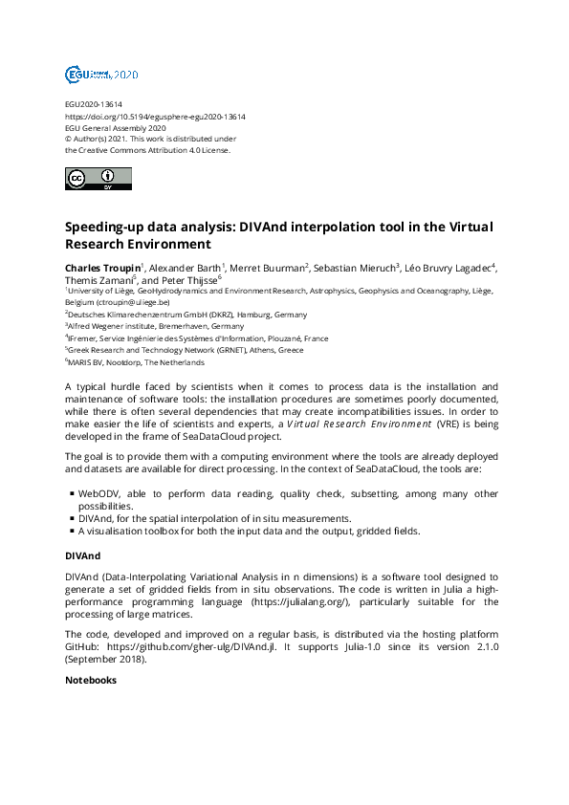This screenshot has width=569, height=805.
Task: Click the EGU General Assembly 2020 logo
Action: coord(101,74)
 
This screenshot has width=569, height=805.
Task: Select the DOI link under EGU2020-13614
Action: coord(155,116)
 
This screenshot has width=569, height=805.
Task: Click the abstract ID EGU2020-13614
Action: coord(93,104)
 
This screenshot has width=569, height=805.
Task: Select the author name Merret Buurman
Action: coord(268,267)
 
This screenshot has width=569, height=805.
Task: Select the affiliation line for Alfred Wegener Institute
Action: coord(156,326)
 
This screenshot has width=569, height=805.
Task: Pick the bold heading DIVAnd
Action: coord(82,555)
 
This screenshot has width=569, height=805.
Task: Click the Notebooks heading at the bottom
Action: coord(90,681)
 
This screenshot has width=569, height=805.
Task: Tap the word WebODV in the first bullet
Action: coord(98,493)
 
